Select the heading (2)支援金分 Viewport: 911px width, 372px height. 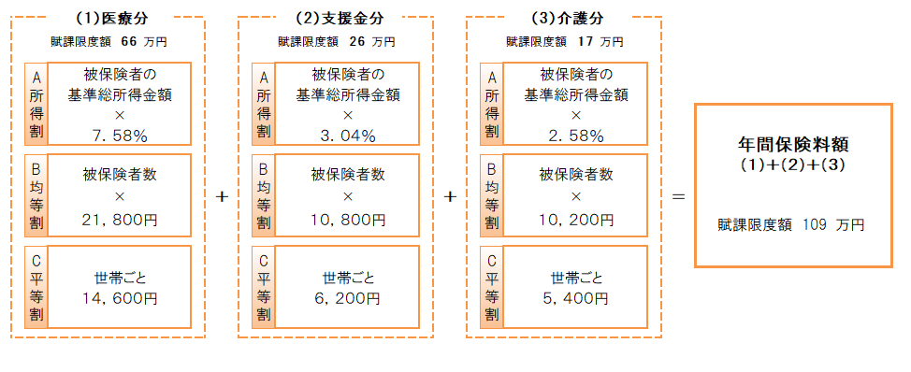coord(337,17)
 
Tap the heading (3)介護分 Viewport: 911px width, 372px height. coord(565,17)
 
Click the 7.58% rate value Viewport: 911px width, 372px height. coord(120,136)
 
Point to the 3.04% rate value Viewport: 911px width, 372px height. coord(348,136)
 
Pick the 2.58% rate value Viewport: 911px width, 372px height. coord(576,136)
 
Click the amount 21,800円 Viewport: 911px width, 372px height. coord(119,221)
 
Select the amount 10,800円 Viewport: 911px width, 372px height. coord(348,221)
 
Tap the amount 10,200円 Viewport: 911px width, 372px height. coord(576,221)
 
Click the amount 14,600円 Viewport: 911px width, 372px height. coord(119,299)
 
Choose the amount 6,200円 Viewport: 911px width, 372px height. coord(348,299)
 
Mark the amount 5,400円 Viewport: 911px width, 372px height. coord(576,299)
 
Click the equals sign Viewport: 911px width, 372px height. coord(679,197)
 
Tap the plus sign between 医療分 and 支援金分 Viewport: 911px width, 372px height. coord(222,197)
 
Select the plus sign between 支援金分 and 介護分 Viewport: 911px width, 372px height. coord(450,197)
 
